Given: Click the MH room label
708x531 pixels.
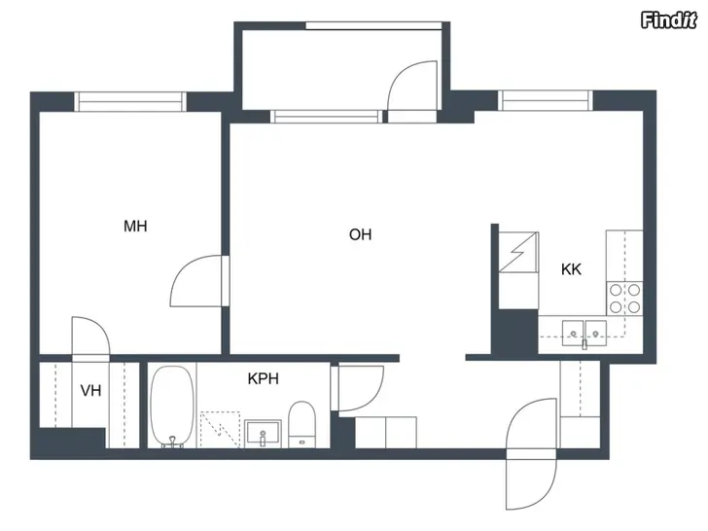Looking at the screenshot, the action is pyautogui.click(x=135, y=226).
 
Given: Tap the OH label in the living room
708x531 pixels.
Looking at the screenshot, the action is pyautogui.click(x=360, y=234).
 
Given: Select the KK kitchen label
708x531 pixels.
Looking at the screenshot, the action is pyautogui.click(x=571, y=269).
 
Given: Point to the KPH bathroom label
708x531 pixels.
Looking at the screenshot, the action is pyautogui.click(x=264, y=378).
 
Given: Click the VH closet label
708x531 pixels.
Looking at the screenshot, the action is pyautogui.click(x=90, y=391).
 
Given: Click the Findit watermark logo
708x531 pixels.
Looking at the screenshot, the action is pyautogui.click(x=668, y=20).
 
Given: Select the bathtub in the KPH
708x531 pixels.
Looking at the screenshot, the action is pyautogui.click(x=172, y=407).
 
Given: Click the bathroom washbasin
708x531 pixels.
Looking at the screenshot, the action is pyautogui.click(x=263, y=434).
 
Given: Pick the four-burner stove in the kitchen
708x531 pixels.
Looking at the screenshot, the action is pyautogui.click(x=625, y=298).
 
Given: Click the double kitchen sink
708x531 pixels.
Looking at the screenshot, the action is pyautogui.click(x=584, y=334).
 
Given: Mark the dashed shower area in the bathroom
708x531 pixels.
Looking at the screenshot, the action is pyautogui.click(x=220, y=430).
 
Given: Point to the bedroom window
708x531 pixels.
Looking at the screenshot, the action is pyautogui.click(x=130, y=101).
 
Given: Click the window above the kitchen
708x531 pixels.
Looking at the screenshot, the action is pyautogui.click(x=546, y=100).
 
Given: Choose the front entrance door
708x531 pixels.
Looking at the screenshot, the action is pyautogui.click(x=531, y=453).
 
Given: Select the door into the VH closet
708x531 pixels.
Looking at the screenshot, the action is pyautogui.click(x=90, y=338).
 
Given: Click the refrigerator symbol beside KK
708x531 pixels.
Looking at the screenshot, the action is pyautogui.click(x=518, y=253).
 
